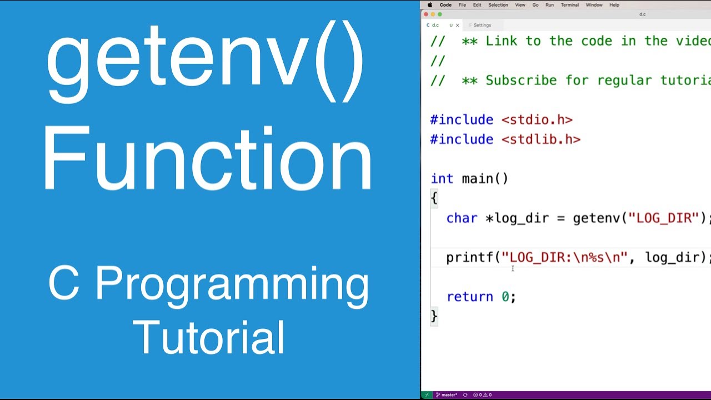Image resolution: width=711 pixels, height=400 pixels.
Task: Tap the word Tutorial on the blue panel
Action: (x=209, y=337)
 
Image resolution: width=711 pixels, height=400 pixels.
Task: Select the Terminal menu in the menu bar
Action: (x=569, y=5)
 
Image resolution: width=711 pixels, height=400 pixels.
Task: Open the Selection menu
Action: (x=498, y=5)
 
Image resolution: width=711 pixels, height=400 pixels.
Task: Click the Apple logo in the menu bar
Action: (x=429, y=5)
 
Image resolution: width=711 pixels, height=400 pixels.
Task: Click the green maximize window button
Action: (x=440, y=14)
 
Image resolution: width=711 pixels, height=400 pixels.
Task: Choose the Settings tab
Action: (x=482, y=25)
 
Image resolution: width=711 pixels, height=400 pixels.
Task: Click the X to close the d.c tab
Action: (x=457, y=25)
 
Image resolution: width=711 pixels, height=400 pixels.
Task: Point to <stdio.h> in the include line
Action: (x=537, y=119)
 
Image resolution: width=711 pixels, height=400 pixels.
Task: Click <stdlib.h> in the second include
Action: (x=540, y=139)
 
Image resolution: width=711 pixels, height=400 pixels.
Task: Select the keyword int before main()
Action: (x=442, y=178)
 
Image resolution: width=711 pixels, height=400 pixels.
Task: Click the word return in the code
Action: (x=469, y=297)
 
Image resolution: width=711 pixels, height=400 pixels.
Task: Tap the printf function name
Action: (x=469, y=257)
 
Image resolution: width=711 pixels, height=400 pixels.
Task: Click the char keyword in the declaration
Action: (x=462, y=218)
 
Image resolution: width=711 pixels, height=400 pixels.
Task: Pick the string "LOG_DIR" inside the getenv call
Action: (x=663, y=218)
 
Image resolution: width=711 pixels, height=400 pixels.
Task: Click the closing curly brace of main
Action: (x=434, y=316)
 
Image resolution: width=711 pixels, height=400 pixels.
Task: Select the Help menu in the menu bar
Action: (x=614, y=5)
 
